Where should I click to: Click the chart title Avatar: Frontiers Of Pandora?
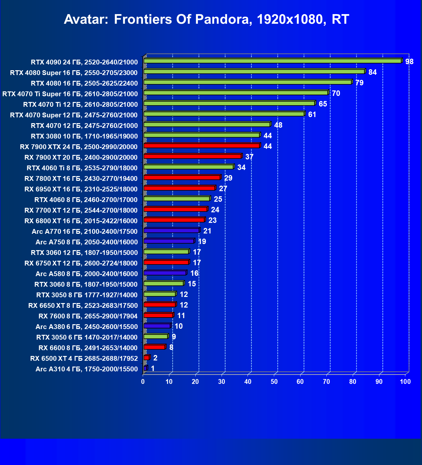point(207,20)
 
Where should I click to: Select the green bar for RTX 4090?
point(273,61)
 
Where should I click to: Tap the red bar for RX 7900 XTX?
point(202,146)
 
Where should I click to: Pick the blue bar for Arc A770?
point(172,230)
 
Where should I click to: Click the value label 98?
point(409,62)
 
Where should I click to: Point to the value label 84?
point(373,72)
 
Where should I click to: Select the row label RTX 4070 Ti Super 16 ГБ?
point(70,94)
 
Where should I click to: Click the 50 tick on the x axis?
point(274,382)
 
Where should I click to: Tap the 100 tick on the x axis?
point(405,382)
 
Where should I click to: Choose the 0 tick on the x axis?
point(143,382)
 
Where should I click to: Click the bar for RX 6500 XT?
point(147,358)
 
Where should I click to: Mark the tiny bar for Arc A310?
point(145,368)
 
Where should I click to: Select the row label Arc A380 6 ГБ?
point(87,326)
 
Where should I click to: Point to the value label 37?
point(249,157)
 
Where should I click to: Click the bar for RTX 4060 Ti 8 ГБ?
point(189,167)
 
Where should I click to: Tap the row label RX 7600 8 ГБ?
point(88,316)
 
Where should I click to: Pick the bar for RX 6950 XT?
point(179,188)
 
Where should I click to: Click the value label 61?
point(312,114)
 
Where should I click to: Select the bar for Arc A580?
point(165,273)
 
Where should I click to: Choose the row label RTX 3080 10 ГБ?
point(84,136)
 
